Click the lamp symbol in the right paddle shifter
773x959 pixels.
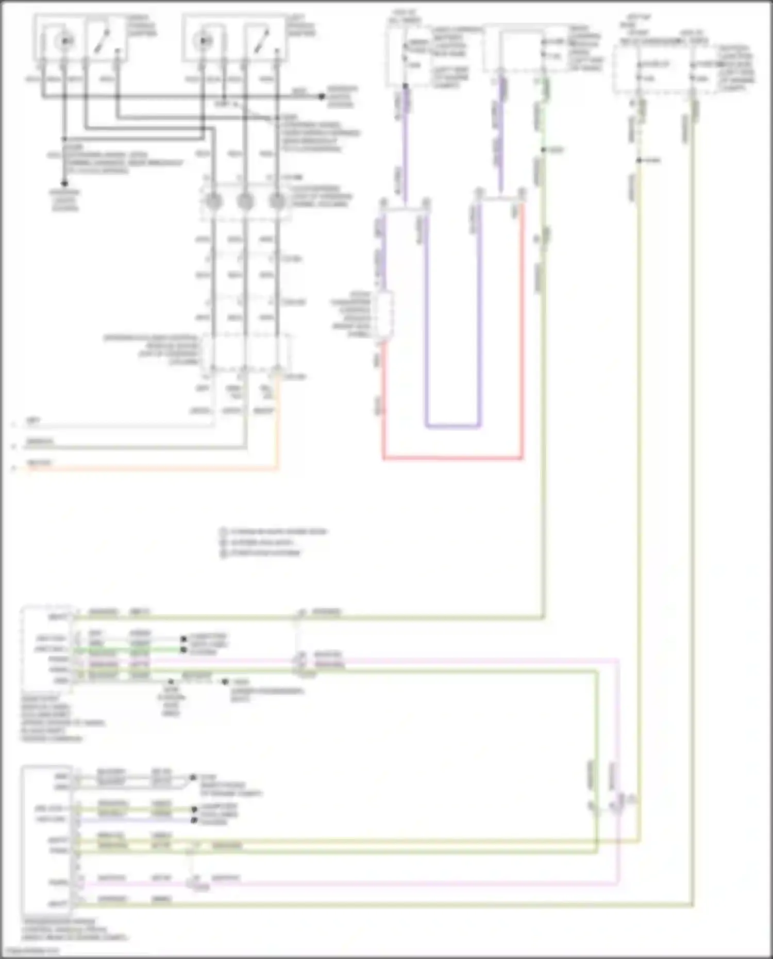tap(64, 40)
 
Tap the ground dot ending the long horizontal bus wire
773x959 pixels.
tap(322, 96)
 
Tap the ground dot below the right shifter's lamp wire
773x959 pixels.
tap(64, 183)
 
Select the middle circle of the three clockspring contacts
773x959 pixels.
tap(245, 201)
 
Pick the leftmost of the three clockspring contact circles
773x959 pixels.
tap(214, 201)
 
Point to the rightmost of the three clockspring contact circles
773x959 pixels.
tap(277, 201)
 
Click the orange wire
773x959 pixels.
tap(155, 469)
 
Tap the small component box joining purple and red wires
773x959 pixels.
tap(384, 315)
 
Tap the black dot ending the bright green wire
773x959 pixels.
tap(183, 650)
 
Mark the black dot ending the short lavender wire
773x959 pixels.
tap(194, 819)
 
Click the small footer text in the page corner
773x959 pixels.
tap(31, 951)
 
